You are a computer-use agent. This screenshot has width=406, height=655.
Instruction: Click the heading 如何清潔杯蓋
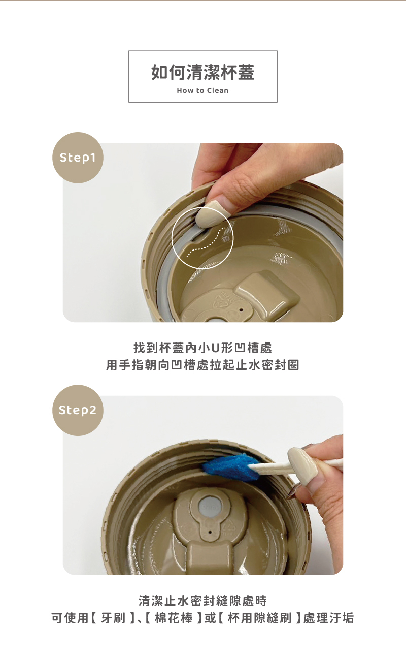(202, 73)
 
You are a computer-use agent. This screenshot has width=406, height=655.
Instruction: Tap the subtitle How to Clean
(202, 90)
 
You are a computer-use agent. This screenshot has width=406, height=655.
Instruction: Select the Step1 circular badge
(78, 158)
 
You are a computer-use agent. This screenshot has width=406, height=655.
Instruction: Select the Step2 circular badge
(78, 410)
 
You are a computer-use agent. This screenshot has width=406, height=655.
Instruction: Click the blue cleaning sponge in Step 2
(231, 469)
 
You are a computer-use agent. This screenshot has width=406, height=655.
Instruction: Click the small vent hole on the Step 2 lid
(210, 532)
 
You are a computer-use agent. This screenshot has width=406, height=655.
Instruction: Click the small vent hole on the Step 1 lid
(241, 309)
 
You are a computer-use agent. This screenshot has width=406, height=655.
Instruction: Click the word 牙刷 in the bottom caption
(113, 618)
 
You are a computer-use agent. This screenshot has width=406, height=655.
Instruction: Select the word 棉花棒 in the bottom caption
(174, 618)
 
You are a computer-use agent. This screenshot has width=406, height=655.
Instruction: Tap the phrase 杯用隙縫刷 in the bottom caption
(259, 618)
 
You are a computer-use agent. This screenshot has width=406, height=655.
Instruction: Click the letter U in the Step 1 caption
(215, 348)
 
